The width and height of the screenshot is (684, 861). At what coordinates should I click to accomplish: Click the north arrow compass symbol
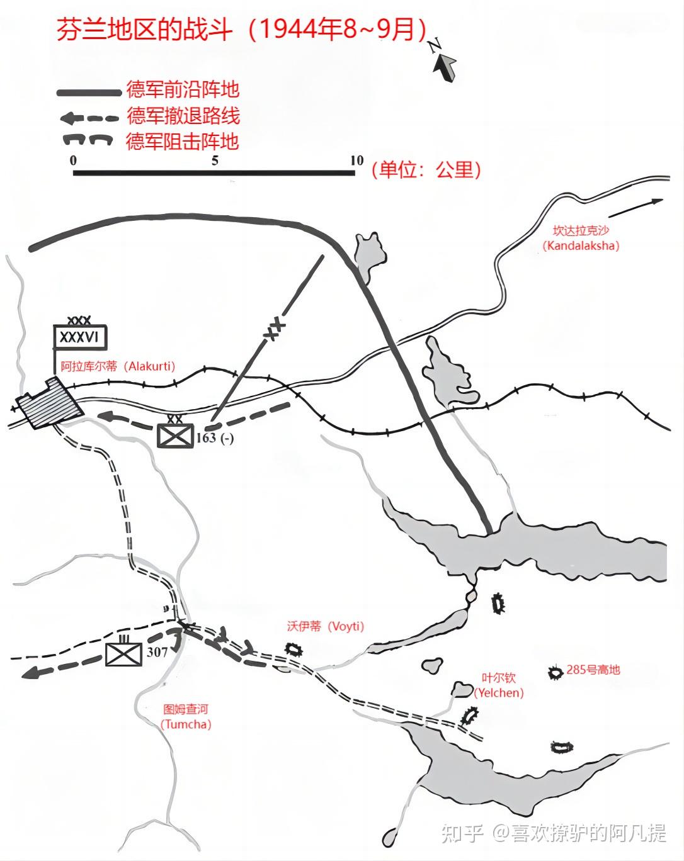pos(443,63)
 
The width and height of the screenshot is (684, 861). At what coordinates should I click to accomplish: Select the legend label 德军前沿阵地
pos(183,89)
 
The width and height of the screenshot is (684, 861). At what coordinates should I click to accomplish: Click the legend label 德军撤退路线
pos(183,116)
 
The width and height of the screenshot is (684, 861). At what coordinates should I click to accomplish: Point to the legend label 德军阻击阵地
pos(183,141)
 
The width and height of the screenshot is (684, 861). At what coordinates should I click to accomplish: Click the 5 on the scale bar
pos(215,160)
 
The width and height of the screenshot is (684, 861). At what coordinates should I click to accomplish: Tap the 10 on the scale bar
pos(356,160)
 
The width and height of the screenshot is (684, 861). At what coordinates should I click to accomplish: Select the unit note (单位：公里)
pos(426,169)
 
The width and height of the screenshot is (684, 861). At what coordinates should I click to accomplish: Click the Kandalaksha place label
pos(581,239)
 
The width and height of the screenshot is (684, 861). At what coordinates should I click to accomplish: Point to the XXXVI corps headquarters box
pos(79,337)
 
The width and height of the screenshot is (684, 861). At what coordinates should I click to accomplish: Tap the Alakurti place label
pos(118,366)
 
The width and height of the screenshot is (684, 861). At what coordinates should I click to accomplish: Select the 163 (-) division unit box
pos(174,435)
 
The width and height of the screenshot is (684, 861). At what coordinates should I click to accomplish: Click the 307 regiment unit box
pos(123,654)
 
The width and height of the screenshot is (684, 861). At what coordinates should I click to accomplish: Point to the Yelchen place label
pos(499,685)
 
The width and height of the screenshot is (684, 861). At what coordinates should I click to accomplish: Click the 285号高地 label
pos(593,670)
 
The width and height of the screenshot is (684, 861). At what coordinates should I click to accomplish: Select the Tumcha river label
pos(185,717)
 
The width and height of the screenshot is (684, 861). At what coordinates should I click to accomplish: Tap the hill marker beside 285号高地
pos(556,673)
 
